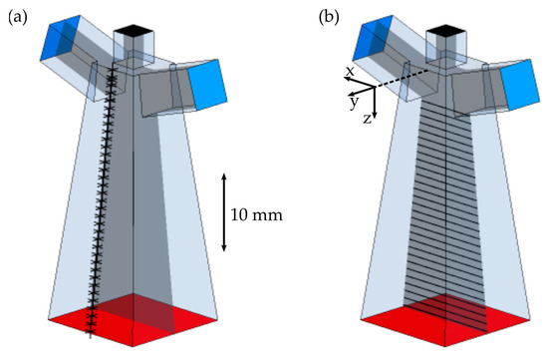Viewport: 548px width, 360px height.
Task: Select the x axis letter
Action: [350, 72]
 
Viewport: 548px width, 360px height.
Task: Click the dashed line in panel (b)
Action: [405, 77]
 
